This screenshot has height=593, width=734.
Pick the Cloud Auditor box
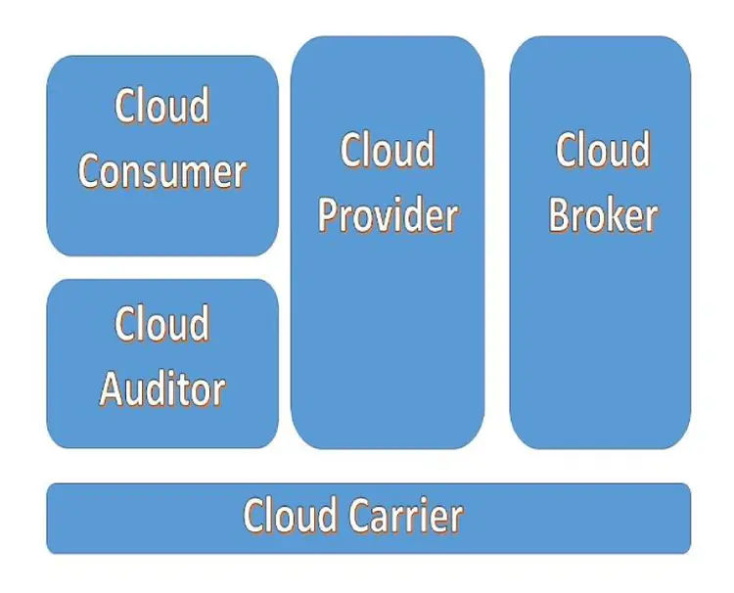[162, 363]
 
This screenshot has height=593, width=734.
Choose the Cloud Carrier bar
[368, 518]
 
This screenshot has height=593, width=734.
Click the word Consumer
[162, 172]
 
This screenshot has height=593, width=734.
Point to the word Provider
[388, 215]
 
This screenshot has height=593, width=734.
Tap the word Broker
[603, 215]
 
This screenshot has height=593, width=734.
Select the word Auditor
[162, 389]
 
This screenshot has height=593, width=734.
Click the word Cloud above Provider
[388, 151]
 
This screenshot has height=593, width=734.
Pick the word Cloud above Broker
[603, 151]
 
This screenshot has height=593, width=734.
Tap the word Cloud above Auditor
[162, 324]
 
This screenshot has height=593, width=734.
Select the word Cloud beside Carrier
[290, 516]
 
